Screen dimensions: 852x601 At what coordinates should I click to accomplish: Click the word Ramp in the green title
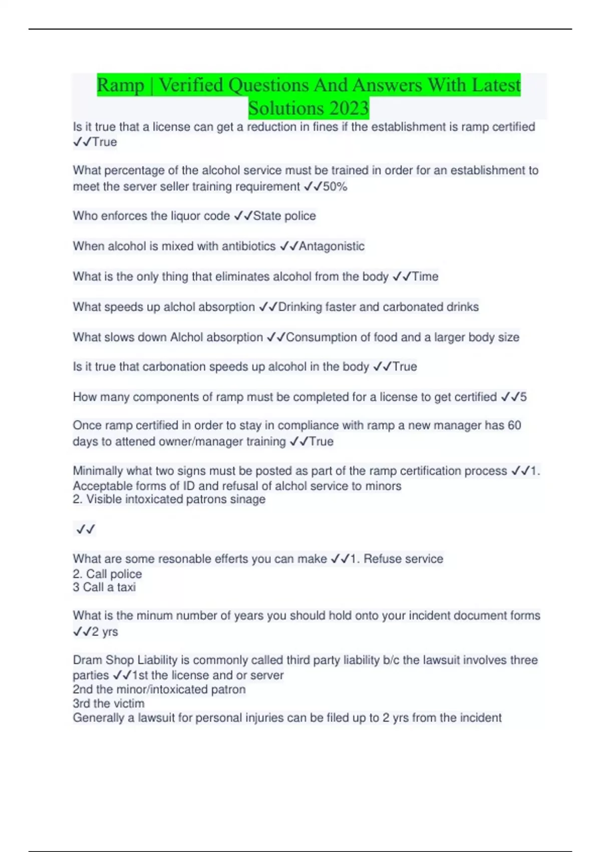coord(120,85)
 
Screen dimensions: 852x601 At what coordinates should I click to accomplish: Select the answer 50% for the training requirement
coord(335,187)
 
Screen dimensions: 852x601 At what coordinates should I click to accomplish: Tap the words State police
coord(284,216)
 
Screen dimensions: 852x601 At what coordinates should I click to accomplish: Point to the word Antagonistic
coord(332,246)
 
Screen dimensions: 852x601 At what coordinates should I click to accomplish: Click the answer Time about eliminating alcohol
coord(425,277)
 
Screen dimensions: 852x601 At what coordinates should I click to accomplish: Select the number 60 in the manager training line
coord(514,425)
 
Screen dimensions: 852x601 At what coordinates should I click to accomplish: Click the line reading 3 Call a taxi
coord(104,587)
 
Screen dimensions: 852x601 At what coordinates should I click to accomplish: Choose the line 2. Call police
coord(107,574)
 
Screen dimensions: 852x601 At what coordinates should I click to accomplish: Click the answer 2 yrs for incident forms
coord(105,631)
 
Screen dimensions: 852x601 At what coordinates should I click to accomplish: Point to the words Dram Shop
coord(103,660)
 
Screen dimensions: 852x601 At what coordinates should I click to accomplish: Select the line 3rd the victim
coord(109,704)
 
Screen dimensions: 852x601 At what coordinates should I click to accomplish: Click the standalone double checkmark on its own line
coord(86,529)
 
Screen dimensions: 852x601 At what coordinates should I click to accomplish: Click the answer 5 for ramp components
coord(523,397)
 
